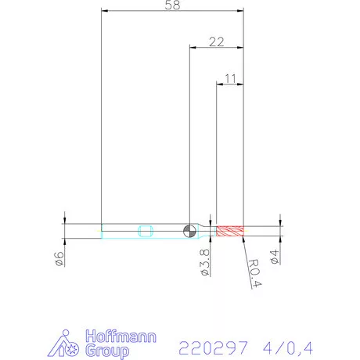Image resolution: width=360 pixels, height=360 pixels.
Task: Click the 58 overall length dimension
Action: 173,6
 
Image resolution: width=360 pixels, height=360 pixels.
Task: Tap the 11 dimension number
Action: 230,77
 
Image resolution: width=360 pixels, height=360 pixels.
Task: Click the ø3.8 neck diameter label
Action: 203,263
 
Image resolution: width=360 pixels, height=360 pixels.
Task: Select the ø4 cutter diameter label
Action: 275,257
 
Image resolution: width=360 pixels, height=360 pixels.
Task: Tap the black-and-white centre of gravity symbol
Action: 189,230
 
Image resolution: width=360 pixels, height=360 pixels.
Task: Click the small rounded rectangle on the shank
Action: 145,230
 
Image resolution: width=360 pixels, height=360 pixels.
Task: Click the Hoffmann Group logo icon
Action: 71,345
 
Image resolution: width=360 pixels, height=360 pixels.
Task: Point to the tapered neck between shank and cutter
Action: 204,230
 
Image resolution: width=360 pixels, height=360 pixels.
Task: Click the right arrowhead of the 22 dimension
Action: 242,46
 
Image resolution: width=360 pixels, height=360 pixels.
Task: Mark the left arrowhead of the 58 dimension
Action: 105,11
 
